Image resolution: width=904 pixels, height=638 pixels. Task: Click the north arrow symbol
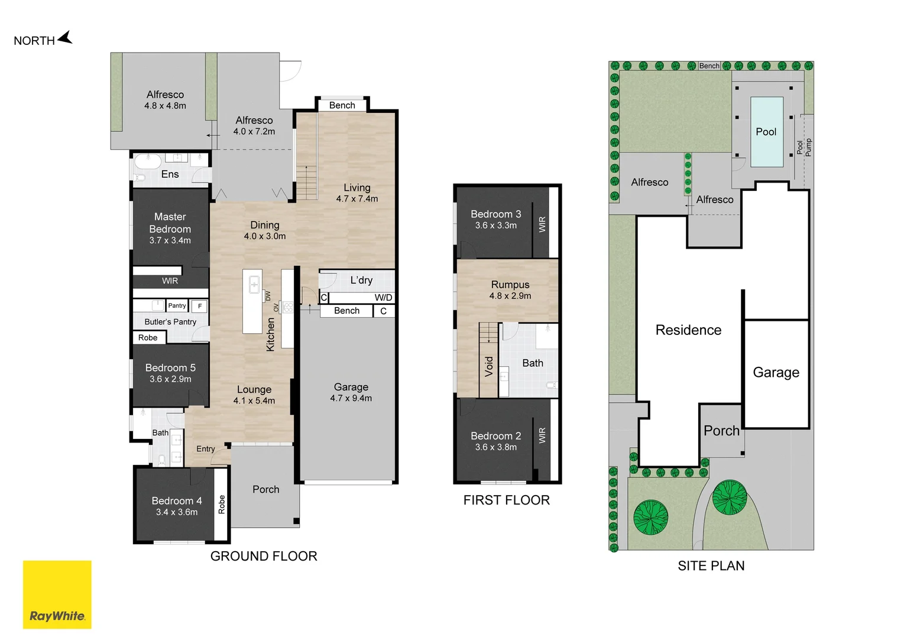(x=66, y=38)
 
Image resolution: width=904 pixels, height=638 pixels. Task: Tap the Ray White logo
(x=57, y=594)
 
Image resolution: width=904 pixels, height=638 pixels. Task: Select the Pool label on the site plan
(x=766, y=132)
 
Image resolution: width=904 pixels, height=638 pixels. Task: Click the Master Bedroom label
(x=170, y=223)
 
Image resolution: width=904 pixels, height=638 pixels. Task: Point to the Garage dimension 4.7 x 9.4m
(x=351, y=398)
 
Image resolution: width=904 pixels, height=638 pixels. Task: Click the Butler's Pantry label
(x=170, y=322)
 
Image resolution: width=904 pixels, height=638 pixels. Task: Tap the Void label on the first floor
(x=489, y=367)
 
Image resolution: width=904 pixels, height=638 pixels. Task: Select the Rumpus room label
(x=510, y=285)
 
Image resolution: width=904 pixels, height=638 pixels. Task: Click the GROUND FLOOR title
(x=264, y=556)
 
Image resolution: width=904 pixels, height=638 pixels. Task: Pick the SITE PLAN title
(x=711, y=566)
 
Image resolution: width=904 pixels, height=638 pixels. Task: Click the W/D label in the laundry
(x=383, y=298)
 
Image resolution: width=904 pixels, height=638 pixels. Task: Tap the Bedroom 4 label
(x=177, y=501)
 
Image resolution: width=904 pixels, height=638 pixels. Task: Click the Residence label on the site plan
(x=688, y=330)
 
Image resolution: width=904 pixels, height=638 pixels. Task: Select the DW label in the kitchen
(x=268, y=296)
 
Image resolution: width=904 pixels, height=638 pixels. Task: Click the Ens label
(x=170, y=174)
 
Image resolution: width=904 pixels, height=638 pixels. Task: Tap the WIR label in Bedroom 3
(x=542, y=224)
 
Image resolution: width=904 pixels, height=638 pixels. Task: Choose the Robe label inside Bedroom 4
(x=222, y=504)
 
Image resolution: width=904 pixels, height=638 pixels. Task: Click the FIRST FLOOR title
(x=507, y=500)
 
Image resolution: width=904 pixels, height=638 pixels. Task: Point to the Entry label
(x=205, y=449)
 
